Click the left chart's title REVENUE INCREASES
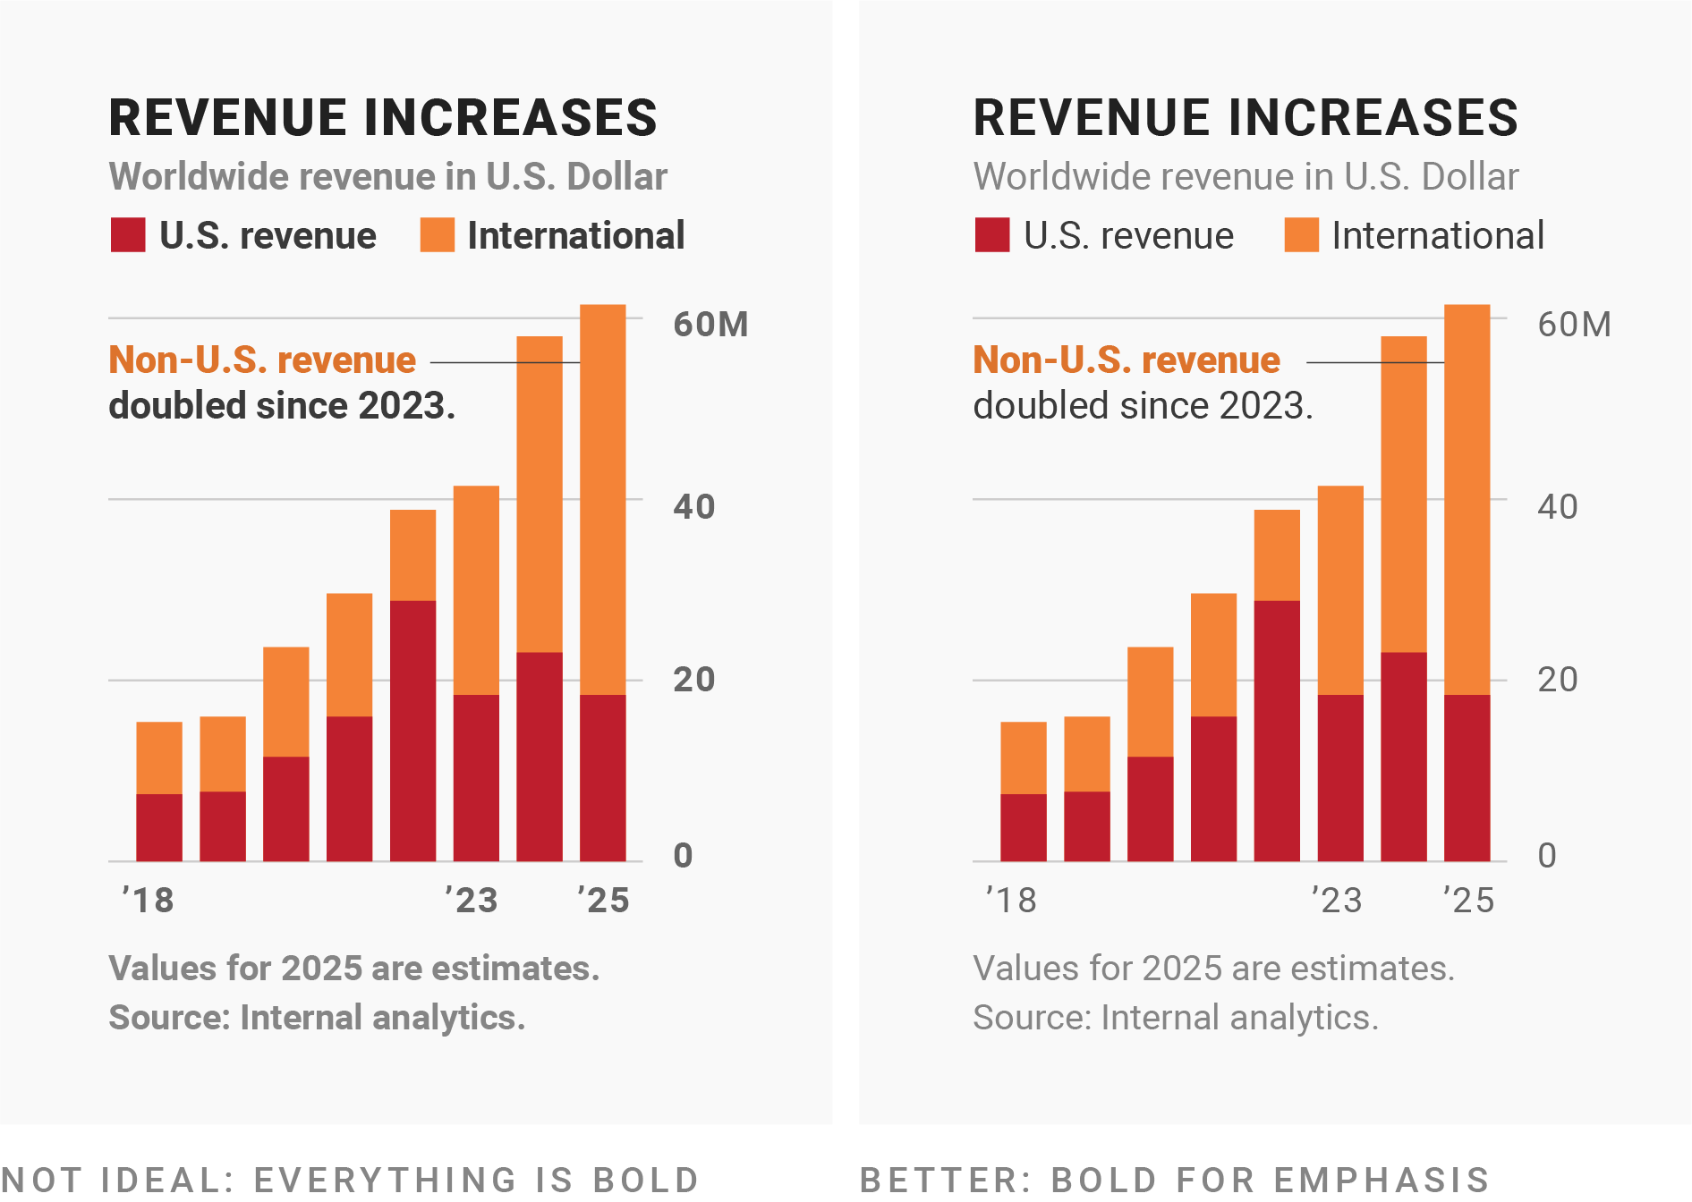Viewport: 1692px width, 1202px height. [x=383, y=118]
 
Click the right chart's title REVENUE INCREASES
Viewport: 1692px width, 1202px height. [x=1246, y=118]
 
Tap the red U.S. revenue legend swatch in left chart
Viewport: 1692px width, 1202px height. [x=128, y=235]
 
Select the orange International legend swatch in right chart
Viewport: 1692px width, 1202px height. [x=1301, y=235]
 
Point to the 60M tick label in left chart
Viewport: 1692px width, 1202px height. [x=710, y=325]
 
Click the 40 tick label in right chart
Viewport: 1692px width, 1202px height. [x=1557, y=507]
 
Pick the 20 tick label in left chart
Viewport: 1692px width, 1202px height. [x=693, y=680]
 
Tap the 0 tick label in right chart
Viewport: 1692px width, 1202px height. [x=1547, y=856]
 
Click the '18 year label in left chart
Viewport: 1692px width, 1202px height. [x=149, y=900]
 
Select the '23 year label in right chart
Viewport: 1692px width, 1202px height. [x=1337, y=900]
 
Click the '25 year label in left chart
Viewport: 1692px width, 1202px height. [x=604, y=900]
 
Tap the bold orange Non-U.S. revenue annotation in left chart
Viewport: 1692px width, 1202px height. [x=262, y=360]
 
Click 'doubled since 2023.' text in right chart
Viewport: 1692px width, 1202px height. [x=1143, y=406]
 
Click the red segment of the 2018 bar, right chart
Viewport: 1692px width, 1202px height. [x=1024, y=827]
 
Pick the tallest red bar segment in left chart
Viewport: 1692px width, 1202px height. [x=412, y=730]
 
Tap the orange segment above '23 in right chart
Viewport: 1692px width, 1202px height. [x=1340, y=590]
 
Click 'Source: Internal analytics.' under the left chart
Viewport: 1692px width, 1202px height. [x=317, y=1018]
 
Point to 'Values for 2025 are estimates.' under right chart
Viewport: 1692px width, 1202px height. [x=1213, y=969]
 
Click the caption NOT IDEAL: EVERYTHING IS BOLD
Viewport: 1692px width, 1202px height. [x=350, y=1180]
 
